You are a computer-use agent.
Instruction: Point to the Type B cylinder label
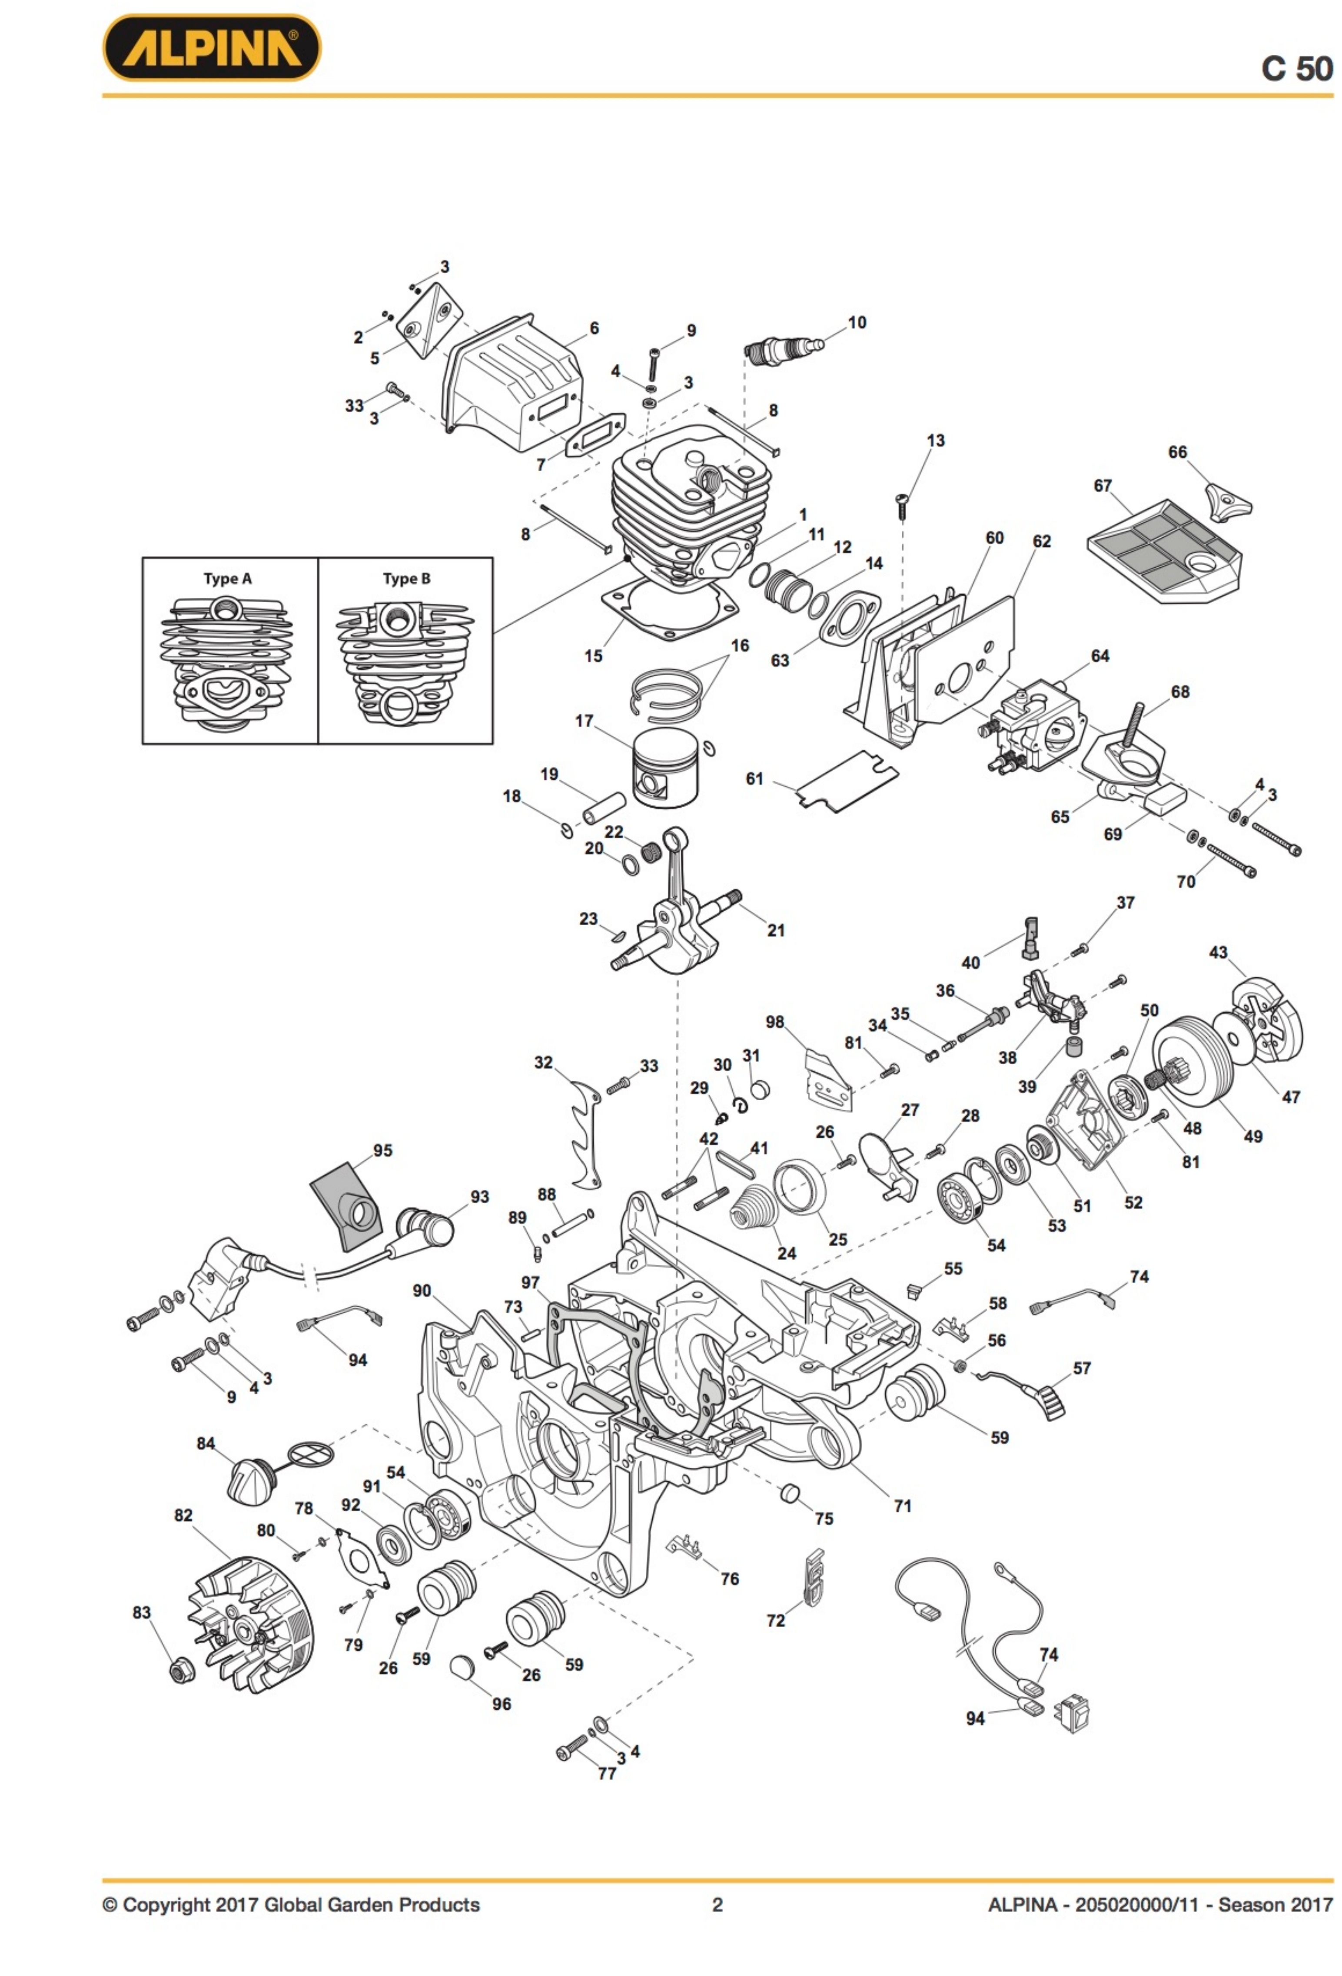click(x=406, y=579)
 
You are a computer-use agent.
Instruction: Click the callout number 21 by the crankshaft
click(x=776, y=930)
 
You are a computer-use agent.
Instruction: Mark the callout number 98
click(x=774, y=1022)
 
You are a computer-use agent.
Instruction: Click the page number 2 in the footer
click(x=717, y=1905)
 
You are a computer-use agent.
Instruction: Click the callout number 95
click(x=383, y=1150)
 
